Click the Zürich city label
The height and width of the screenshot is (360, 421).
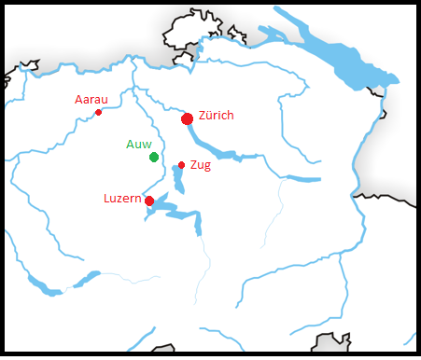[x=216, y=115]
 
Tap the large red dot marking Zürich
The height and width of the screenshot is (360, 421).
[x=188, y=118]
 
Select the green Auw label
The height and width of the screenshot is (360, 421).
[x=138, y=145]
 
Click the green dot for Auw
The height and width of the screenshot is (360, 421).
[x=154, y=157]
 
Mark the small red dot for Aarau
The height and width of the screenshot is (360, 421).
[x=98, y=112]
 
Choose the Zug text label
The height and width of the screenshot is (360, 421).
[x=200, y=165]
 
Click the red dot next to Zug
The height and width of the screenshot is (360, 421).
[x=181, y=165]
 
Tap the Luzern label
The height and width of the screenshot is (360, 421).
[x=121, y=199]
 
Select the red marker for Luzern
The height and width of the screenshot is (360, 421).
[x=149, y=201]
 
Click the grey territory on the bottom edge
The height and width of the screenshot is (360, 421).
[x=331, y=344]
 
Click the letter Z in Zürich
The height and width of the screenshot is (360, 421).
[x=203, y=115]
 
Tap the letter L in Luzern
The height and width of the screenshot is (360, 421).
[x=107, y=199]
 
